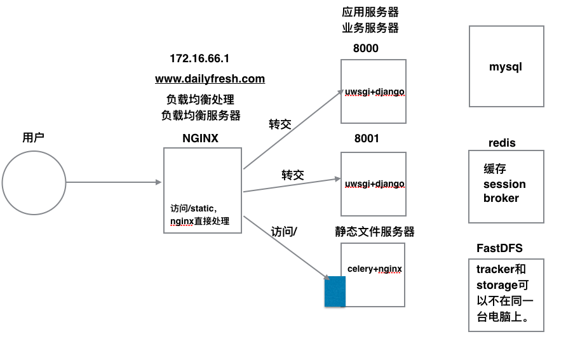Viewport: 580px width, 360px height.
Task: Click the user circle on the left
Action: pos(34,183)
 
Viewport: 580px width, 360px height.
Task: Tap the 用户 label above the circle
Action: pos(33,138)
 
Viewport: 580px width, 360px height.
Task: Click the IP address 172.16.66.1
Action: pos(199,58)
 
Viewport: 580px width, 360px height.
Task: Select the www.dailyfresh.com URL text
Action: pos(210,79)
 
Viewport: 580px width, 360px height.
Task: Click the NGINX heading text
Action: pos(200,138)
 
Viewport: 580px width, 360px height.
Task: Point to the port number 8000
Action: pos(366,48)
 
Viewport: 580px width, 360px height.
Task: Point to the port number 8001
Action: pos(367,138)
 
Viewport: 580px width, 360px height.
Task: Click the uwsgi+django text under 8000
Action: pos(374,91)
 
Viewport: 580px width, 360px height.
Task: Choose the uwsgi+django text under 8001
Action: pos(374,183)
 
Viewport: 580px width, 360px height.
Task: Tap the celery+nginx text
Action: pos(375,269)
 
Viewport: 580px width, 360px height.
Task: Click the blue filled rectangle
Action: pos(335,291)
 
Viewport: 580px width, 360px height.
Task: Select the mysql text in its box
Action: pos(506,67)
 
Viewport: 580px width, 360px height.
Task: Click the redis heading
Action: pos(502,143)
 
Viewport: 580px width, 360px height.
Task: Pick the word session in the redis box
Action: pos(504,184)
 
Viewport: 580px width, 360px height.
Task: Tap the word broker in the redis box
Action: pos(501,198)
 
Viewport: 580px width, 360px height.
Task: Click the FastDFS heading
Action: pos(499,248)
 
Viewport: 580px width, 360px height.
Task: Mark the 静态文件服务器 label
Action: pos(375,232)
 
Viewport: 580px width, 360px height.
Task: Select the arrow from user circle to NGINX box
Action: pos(114,183)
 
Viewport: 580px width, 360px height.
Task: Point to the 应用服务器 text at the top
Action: pos(370,12)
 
